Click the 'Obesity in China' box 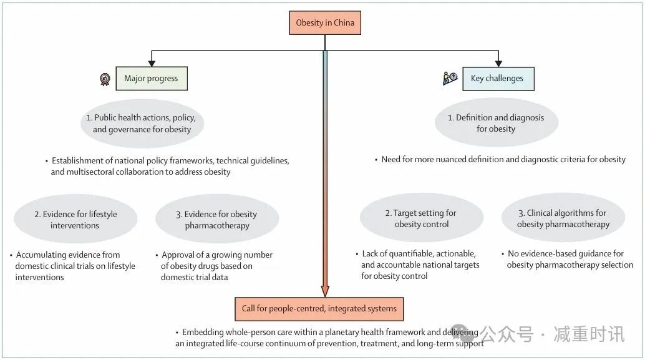pos(325,23)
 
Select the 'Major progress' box pos(151,79)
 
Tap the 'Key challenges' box pos(498,79)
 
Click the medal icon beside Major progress pos(105,79)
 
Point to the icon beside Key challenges pos(450,78)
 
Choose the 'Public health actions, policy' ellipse pos(142,124)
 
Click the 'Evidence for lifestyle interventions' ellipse pos(75,220)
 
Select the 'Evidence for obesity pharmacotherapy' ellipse pos(217,220)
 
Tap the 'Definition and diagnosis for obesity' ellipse pos(496,123)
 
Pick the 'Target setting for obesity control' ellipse pos(422,218)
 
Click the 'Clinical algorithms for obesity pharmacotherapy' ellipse pos(563,218)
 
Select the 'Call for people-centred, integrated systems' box pos(319,309)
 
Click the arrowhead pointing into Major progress pos(151,62)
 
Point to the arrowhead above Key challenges pos(498,62)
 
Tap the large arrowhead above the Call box pos(325,291)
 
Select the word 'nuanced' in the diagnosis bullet pos(456,159)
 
